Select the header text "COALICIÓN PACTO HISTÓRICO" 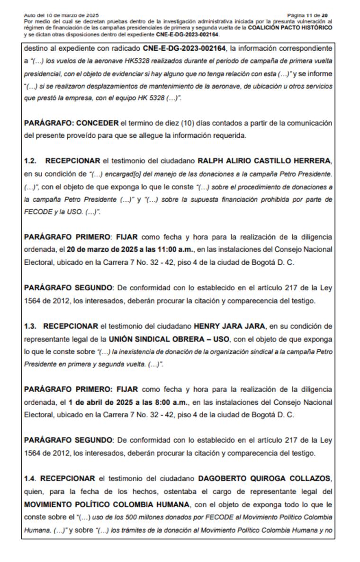[290, 28]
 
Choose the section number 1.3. [30, 326]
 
